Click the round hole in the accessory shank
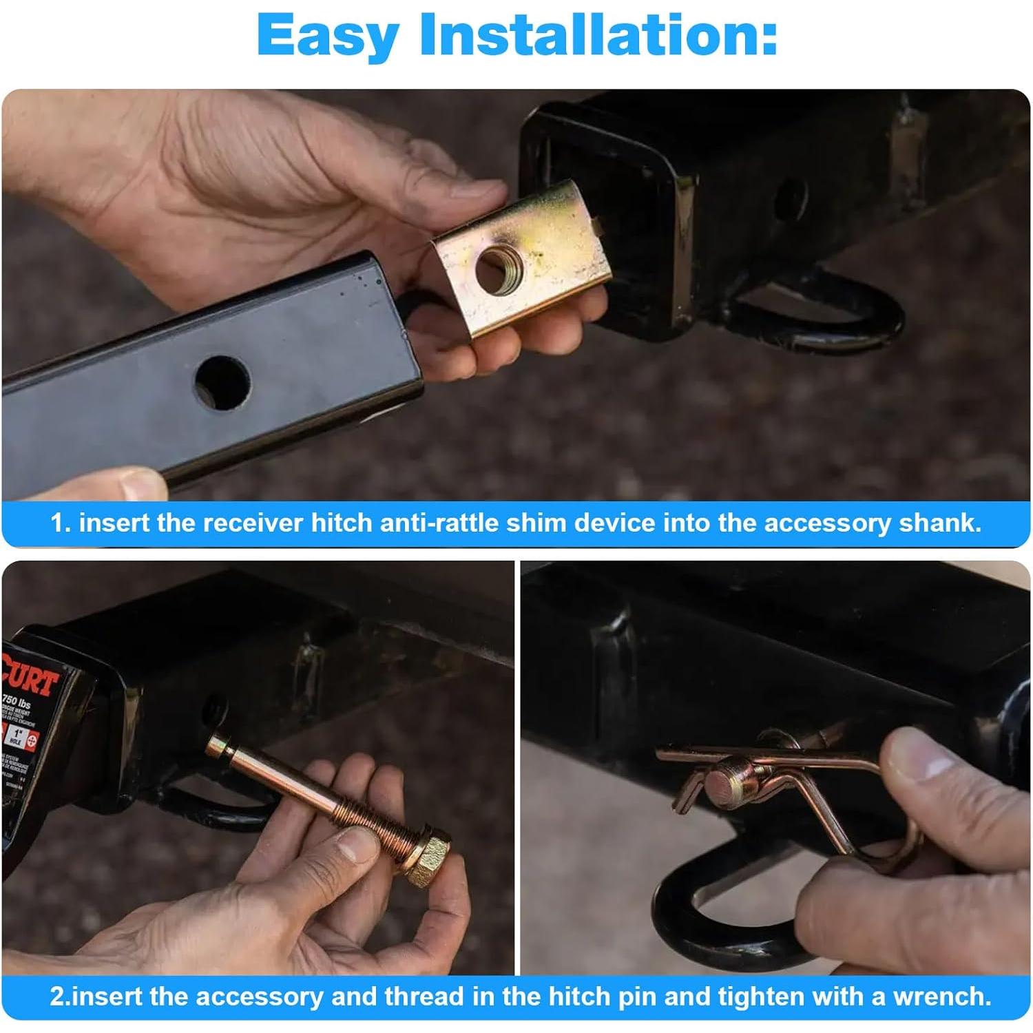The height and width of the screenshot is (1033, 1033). pos(221,382)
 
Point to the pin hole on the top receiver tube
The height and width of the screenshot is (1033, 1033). pos(789,198)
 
